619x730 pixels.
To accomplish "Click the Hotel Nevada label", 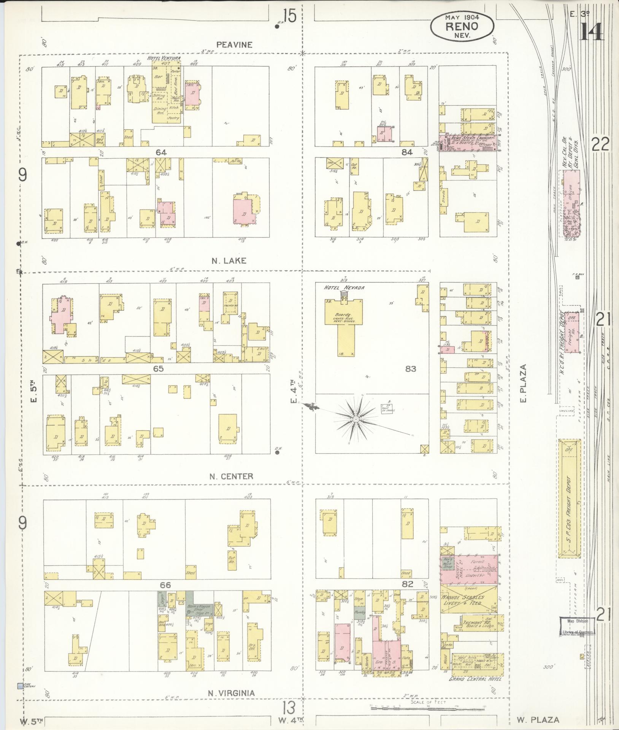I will click(x=344, y=288).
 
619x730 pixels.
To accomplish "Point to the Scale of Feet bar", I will click(x=427, y=706).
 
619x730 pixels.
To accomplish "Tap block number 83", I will click(x=411, y=368).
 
